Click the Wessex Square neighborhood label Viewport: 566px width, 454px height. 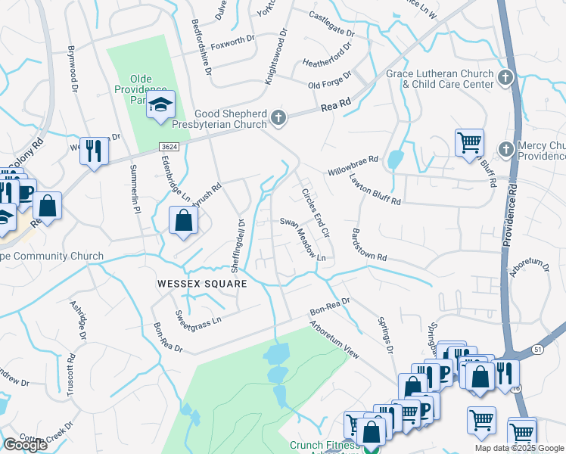(202, 283)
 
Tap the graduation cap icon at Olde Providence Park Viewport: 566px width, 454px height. (160, 105)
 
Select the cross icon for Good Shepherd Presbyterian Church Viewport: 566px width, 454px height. (278, 117)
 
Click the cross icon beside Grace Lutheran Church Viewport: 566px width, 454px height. (505, 77)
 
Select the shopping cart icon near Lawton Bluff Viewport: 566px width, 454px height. (469, 141)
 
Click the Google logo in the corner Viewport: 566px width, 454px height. (25, 445)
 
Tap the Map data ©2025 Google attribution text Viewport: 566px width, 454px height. (519, 448)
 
